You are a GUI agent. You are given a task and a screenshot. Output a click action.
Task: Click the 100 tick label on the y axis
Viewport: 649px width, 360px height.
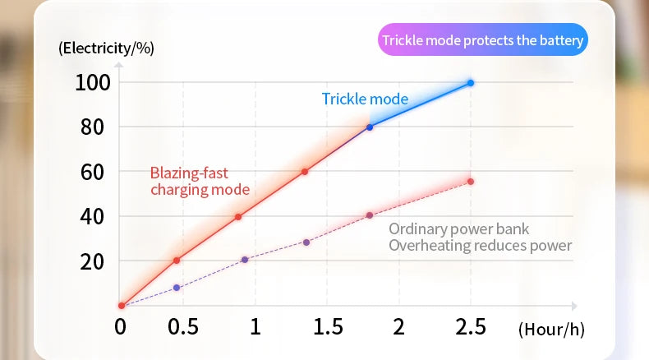pos(93,82)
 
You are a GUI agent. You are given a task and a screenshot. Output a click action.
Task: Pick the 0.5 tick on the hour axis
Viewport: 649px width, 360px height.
pos(182,327)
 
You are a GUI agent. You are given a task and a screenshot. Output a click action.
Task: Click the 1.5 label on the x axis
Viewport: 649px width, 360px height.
pos(328,327)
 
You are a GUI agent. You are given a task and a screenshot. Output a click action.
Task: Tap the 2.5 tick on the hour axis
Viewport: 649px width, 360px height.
pos(471,327)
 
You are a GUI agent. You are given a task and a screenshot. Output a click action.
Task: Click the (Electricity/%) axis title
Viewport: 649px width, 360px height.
pos(106,48)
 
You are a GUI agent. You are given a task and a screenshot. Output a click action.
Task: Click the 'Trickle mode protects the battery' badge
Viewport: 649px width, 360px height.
pos(483,40)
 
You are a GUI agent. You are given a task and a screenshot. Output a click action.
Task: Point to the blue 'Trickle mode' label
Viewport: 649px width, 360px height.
pos(365,99)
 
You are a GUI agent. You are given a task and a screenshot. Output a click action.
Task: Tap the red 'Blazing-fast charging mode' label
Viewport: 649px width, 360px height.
pos(200,181)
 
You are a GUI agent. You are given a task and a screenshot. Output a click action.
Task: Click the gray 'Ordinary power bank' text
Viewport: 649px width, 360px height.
pos(459,229)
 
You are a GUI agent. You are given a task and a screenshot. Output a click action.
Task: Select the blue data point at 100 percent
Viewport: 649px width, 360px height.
pos(471,83)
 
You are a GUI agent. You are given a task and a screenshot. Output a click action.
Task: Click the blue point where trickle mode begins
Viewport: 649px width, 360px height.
pos(370,127)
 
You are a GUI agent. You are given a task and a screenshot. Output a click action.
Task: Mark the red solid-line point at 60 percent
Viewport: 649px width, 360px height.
pos(305,172)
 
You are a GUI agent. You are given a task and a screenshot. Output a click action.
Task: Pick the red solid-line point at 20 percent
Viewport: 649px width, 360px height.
pos(177,261)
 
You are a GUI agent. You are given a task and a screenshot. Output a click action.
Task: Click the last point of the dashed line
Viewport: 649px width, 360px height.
pos(471,182)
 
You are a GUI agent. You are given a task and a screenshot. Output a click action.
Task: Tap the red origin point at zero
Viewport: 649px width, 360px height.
pos(122,306)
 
